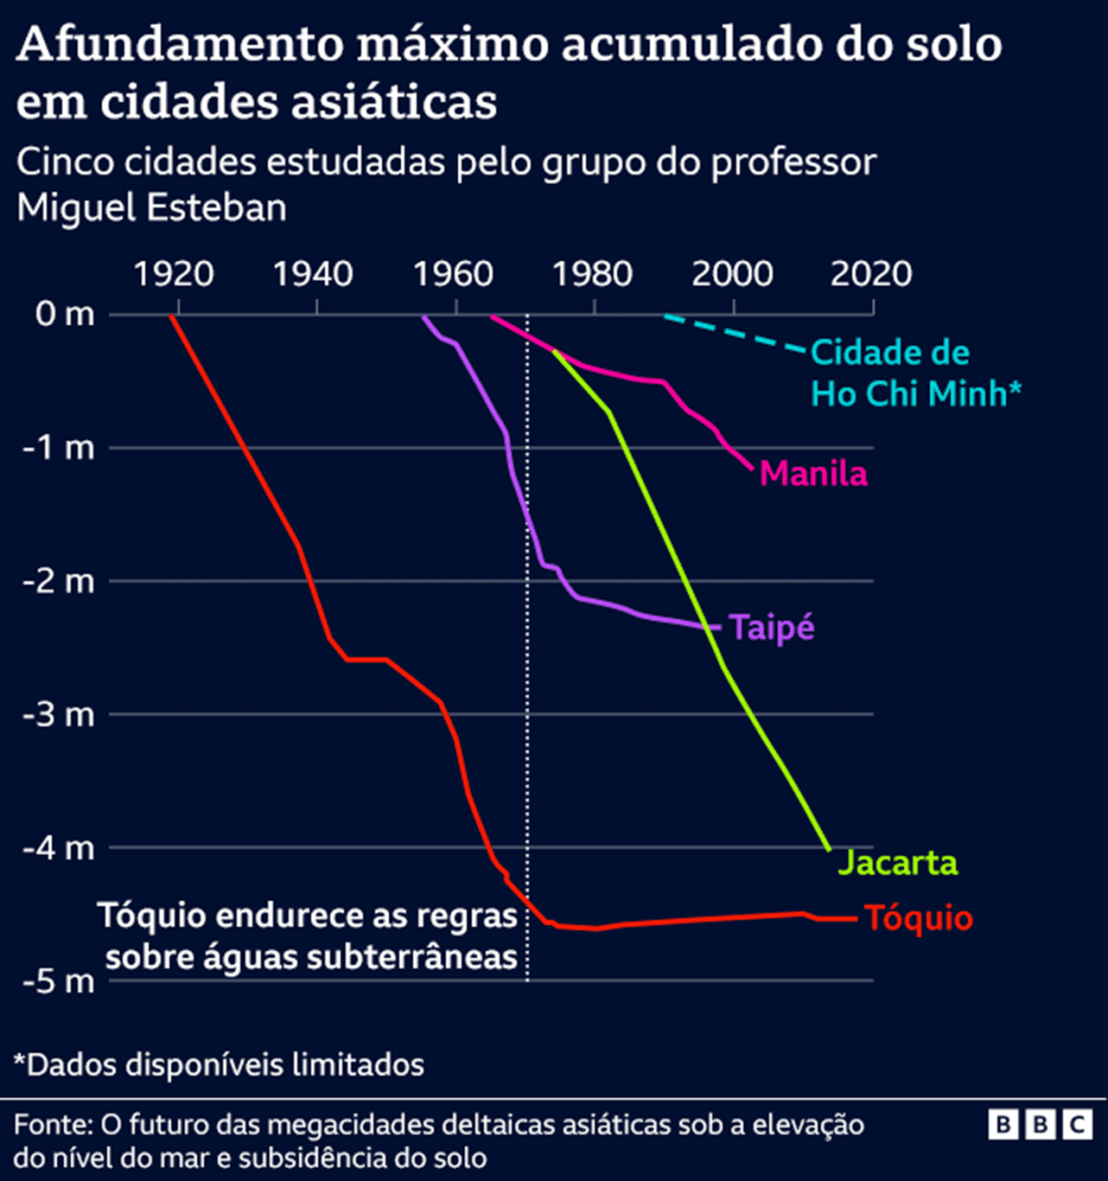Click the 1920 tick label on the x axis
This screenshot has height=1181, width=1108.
[x=174, y=274]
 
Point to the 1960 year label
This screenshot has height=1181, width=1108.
[x=453, y=274]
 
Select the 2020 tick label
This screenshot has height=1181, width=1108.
[x=871, y=274]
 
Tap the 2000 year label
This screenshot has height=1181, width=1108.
[x=732, y=274]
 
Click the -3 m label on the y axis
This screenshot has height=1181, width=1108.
[x=59, y=715]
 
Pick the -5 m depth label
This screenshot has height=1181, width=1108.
[x=59, y=982]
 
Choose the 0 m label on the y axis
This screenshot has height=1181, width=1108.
[x=65, y=314]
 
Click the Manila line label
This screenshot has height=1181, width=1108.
[x=813, y=474]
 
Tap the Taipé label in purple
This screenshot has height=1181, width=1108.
[x=772, y=627]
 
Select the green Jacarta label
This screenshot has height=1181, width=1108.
[x=898, y=863]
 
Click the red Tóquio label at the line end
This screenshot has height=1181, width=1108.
[x=919, y=918]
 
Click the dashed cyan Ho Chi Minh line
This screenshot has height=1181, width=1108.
[x=735, y=334]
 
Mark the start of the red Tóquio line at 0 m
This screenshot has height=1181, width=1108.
[x=172, y=317]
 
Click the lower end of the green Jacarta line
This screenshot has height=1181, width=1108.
[x=828, y=847]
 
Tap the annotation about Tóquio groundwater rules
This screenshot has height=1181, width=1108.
[x=309, y=936]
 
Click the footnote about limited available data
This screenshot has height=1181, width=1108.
[x=219, y=1064]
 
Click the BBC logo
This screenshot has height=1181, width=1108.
[x=1040, y=1124]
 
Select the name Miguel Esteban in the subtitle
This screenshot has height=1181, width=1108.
[x=151, y=208]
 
